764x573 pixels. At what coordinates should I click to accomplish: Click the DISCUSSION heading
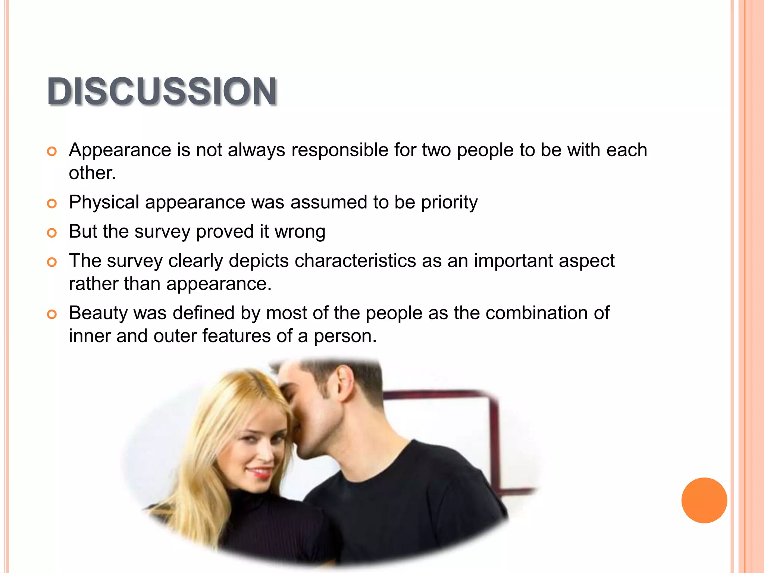pyautogui.click(x=162, y=91)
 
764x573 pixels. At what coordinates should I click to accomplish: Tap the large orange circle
pyautogui.click(x=704, y=500)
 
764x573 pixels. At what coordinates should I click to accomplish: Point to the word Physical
pyautogui.click(x=104, y=203)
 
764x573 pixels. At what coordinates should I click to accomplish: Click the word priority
pyautogui.click(x=449, y=203)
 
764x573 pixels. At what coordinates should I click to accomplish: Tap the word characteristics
pyautogui.click(x=355, y=261)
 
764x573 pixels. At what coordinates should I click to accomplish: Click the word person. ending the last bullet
pyautogui.click(x=345, y=336)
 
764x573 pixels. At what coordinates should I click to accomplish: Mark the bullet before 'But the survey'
pyautogui.click(x=52, y=233)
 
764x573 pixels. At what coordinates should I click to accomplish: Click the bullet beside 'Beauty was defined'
pyautogui.click(x=52, y=314)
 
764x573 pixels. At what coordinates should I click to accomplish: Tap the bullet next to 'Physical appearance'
pyautogui.click(x=52, y=204)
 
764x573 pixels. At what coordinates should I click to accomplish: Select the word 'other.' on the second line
pyautogui.click(x=92, y=173)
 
